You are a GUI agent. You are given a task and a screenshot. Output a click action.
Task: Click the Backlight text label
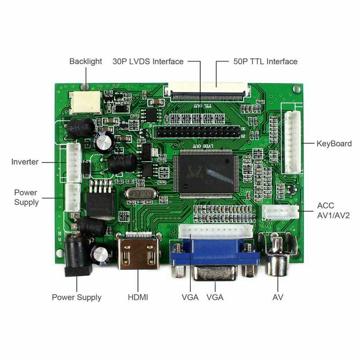pos(85,61)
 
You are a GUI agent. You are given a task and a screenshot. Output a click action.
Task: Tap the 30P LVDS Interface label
pos(148,61)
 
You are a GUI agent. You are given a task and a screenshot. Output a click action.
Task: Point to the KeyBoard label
pos(334,144)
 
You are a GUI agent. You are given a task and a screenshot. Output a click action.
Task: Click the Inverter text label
pos(25,162)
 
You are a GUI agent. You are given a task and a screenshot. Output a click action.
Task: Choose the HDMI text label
pos(138,297)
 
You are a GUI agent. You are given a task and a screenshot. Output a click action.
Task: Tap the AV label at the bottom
pos(278,297)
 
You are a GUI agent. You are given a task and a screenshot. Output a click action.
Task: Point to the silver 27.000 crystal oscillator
pos(140,194)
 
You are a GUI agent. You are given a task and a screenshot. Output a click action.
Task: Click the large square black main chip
pos(206,173)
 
